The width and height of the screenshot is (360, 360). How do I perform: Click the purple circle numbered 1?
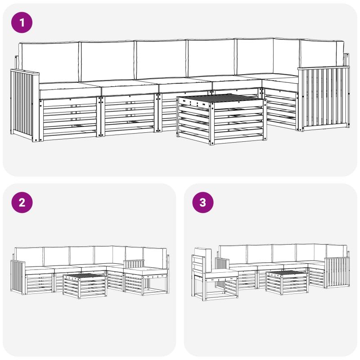[22, 22]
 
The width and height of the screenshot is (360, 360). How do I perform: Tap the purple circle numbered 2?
[22, 202]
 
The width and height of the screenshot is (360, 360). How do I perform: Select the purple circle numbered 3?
[203, 202]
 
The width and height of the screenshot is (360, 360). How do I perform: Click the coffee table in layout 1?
[222, 119]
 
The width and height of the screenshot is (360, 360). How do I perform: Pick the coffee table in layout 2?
[85, 286]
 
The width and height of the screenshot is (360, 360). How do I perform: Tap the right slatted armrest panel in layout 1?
[324, 98]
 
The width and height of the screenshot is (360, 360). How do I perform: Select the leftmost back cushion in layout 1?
[49, 62]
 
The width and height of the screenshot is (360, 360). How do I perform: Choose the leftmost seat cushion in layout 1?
[70, 90]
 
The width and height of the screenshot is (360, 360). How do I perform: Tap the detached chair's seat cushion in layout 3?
[221, 274]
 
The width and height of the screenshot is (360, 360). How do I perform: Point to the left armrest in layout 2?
[18, 277]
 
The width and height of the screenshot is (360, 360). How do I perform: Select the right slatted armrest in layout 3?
[337, 273]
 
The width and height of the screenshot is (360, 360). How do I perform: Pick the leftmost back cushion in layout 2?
[29, 256]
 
